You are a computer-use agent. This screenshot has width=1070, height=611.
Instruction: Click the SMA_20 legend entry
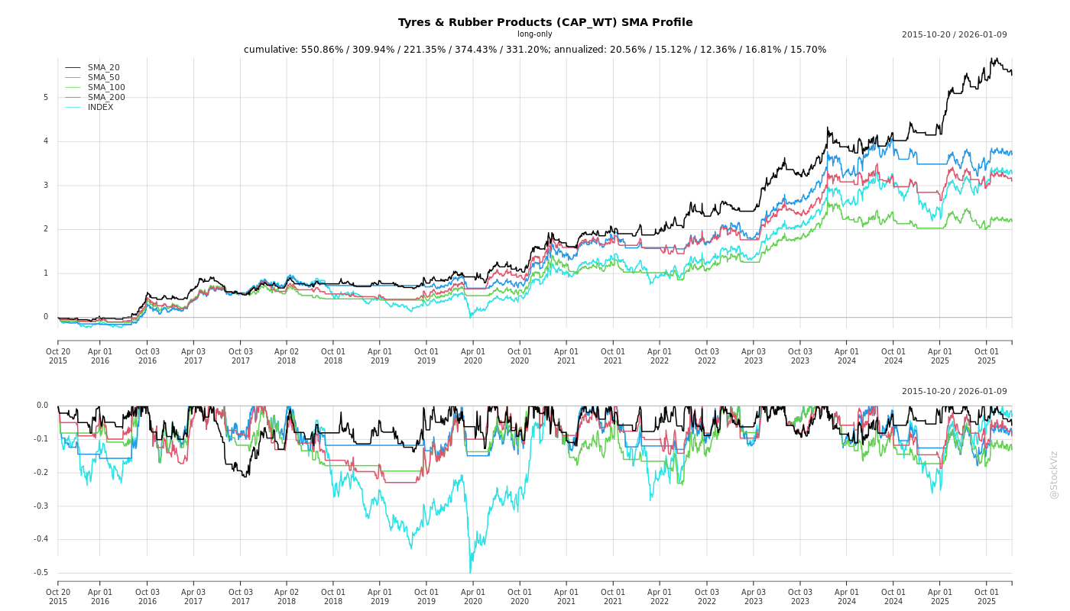coord(103,68)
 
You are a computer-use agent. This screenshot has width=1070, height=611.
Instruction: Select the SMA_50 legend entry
coord(103,78)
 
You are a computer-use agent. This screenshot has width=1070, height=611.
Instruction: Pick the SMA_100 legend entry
coord(106,88)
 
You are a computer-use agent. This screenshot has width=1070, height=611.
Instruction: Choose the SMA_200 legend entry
coord(106,98)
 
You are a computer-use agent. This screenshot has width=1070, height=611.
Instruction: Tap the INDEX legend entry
coord(100,108)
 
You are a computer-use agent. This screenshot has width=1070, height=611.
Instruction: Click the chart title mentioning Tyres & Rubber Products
coord(545,22)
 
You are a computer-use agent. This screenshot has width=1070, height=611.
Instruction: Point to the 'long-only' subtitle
coord(534,34)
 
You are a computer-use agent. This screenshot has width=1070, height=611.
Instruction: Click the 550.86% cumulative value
coord(324,50)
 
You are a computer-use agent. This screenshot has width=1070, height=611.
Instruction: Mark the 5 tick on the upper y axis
coord(46,98)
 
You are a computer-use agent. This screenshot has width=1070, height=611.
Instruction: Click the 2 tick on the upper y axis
coord(46,229)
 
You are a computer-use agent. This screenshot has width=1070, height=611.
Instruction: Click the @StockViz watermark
coord(1054,474)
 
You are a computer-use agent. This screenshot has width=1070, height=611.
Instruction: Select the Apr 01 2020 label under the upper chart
coord(473,356)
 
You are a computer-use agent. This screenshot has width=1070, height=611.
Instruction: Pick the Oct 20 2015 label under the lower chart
coord(58,596)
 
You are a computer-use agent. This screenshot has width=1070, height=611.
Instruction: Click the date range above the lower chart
coord(954,392)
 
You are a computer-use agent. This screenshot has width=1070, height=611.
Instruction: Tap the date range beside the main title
coord(954,35)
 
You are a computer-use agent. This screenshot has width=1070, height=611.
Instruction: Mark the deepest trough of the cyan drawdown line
coord(470,572)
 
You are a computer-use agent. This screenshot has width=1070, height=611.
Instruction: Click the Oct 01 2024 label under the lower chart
coord(893,596)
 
